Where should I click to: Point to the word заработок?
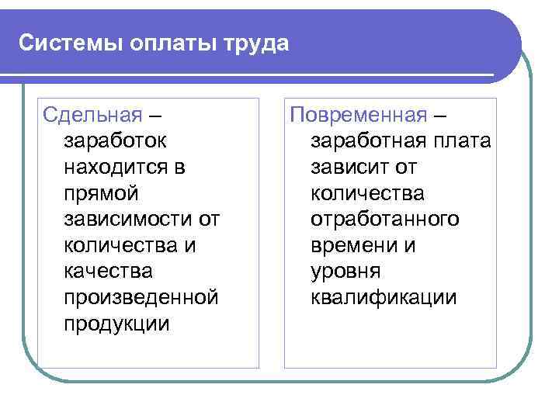113,141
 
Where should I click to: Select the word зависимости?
121,220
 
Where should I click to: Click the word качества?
108,272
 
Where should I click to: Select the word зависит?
349,167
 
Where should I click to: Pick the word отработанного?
384,220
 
